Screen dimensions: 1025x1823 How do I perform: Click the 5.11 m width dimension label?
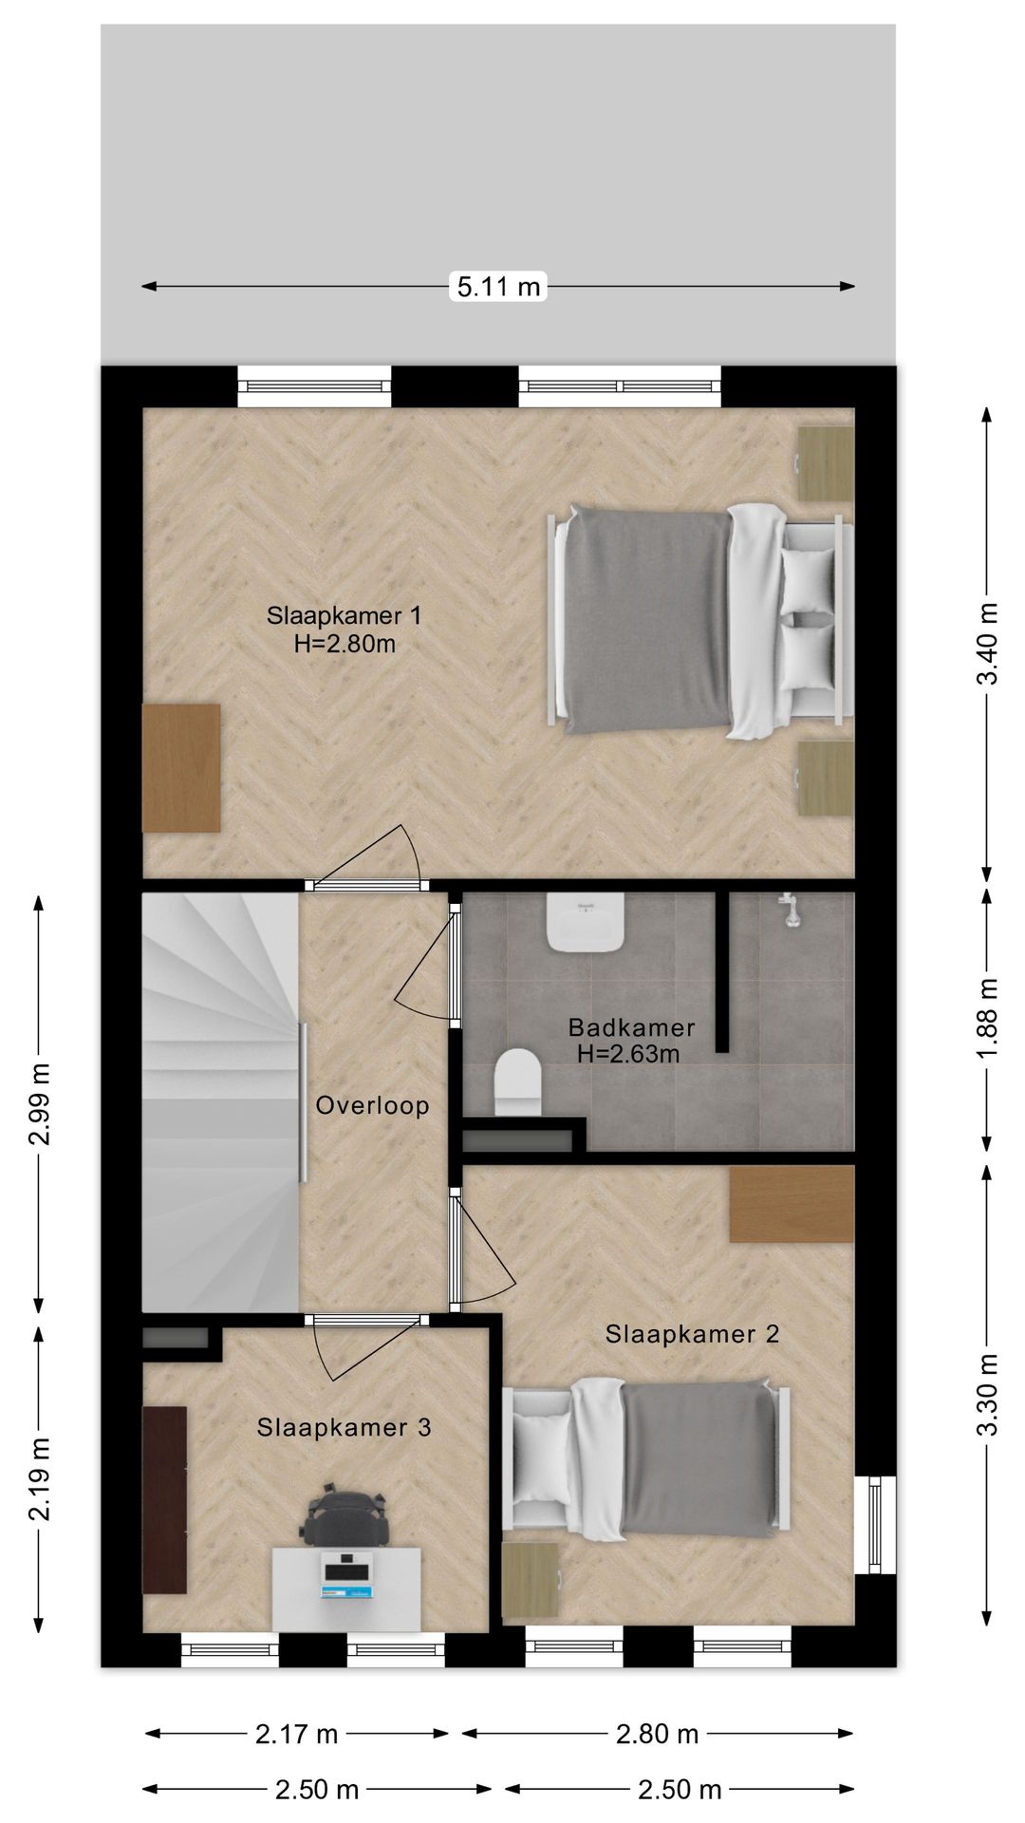tap(498, 286)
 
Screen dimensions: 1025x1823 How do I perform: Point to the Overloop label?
tap(372, 1105)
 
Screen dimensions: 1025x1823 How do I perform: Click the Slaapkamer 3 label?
tap(344, 1427)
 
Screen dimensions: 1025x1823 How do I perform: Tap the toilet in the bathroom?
tap(518, 1082)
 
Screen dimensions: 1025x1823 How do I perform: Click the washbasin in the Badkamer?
tap(585, 921)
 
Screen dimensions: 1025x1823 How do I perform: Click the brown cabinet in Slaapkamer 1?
tap(181, 768)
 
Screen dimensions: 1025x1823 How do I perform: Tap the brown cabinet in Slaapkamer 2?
tap(792, 1203)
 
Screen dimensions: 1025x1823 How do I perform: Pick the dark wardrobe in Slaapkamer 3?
tap(164, 1499)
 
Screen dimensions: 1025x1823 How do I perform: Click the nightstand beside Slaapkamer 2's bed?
tap(530, 1582)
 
